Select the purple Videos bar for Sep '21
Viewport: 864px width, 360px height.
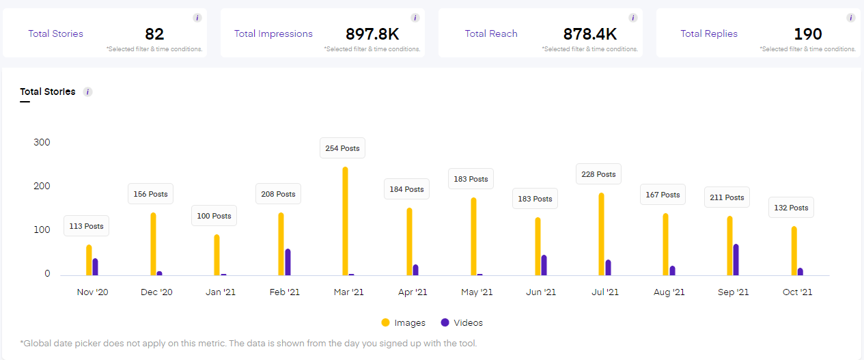tap(736, 260)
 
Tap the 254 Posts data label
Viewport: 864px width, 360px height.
tap(342, 148)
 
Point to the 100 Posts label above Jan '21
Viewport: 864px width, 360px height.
tap(214, 216)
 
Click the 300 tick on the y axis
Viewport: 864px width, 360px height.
tap(42, 142)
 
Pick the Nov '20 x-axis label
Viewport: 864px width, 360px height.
tap(92, 292)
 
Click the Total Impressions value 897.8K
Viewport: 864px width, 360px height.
tap(372, 33)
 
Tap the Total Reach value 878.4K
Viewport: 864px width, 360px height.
tap(590, 33)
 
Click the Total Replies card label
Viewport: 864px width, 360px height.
tap(709, 33)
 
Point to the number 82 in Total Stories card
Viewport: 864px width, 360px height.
tap(154, 33)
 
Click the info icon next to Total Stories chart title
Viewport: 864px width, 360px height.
tap(87, 92)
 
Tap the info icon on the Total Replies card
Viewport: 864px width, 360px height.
tap(850, 18)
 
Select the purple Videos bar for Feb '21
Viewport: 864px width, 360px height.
tap(288, 262)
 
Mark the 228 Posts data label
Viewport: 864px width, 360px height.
tap(598, 174)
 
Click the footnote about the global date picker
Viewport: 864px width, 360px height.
tap(249, 343)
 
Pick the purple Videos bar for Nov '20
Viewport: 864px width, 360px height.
tap(95, 266)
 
